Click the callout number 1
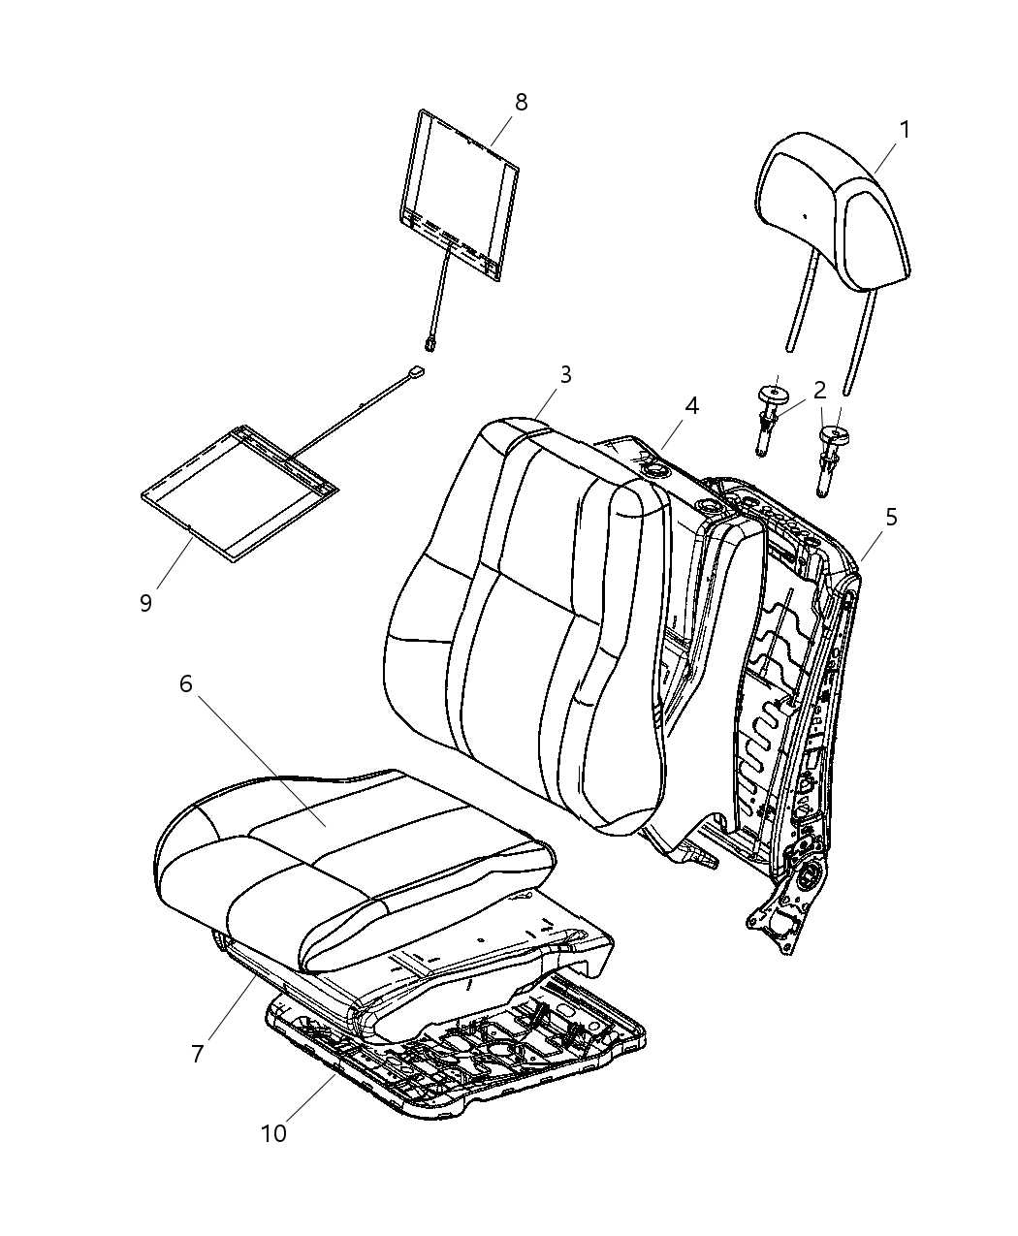(x=904, y=130)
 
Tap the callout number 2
(x=819, y=391)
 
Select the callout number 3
(x=564, y=375)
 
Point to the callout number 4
(x=690, y=405)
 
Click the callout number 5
(x=890, y=518)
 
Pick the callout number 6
(x=185, y=684)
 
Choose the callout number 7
(x=198, y=1054)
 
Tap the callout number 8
(x=521, y=102)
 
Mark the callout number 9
(x=145, y=603)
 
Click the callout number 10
(x=273, y=1132)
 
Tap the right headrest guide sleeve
(x=831, y=457)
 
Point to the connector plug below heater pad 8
(x=430, y=341)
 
